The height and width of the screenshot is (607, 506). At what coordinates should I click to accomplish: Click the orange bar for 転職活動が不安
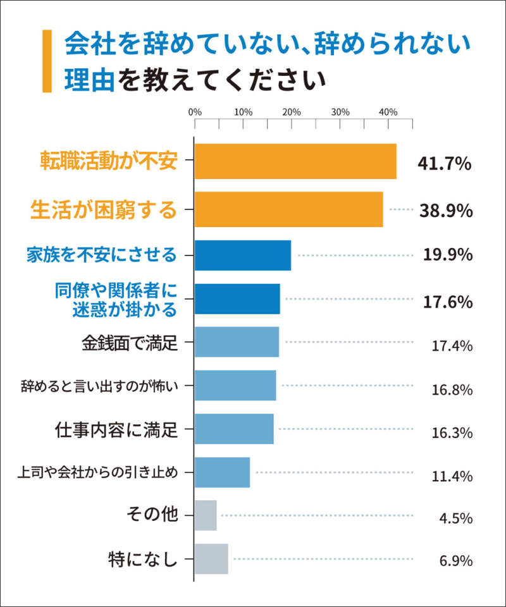tap(295, 161)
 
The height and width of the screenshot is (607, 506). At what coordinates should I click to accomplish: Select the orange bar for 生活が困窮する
tap(288, 209)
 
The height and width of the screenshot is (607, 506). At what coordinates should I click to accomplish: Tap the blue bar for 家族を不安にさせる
tap(242, 255)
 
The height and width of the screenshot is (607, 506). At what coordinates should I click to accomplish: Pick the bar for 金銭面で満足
tap(237, 342)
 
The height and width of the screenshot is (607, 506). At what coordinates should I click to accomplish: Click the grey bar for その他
tap(206, 515)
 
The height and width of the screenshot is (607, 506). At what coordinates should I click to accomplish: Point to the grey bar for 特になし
tap(211, 559)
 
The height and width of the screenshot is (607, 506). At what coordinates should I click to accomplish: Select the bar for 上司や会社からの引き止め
tap(222, 472)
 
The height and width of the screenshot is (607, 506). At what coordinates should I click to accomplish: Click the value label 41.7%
tap(445, 164)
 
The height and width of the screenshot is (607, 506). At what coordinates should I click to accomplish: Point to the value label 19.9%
tap(447, 255)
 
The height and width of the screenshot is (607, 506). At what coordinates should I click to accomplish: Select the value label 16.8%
tap(452, 389)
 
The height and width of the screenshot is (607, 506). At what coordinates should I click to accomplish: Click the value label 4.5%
tap(456, 518)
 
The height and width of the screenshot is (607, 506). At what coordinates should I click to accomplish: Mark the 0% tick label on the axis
tap(195, 112)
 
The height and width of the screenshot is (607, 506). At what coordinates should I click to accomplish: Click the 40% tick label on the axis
tap(388, 112)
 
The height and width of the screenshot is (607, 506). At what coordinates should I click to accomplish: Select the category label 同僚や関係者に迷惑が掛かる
tap(114, 299)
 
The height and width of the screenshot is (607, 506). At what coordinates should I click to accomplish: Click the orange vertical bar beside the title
tap(47, 61)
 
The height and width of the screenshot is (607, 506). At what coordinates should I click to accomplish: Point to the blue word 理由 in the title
tap(89, 80)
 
